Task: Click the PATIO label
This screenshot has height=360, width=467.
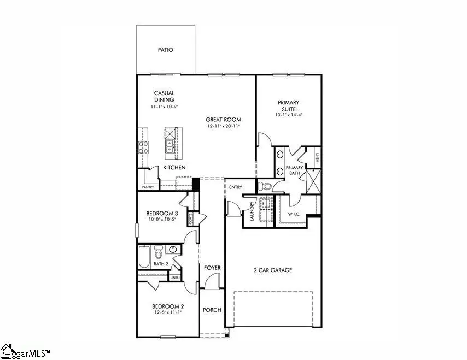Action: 165,50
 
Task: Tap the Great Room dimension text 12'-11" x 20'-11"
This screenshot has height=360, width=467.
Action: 224,126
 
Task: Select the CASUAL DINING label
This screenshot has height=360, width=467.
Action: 164,96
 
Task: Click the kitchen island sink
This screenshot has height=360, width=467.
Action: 170,146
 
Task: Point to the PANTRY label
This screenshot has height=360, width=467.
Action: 148,187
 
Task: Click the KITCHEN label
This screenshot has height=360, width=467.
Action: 174,167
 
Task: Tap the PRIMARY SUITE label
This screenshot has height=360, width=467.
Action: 288,106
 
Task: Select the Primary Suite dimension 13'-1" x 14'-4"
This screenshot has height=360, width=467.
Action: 288,115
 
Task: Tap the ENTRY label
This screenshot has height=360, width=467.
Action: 236,187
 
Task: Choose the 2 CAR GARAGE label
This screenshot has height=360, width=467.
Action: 272,270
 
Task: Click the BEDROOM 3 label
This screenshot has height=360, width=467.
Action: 162,213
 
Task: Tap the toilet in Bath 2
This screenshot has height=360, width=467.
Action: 159,253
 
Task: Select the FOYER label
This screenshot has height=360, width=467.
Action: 212,268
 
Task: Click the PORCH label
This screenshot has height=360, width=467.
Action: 212,310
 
